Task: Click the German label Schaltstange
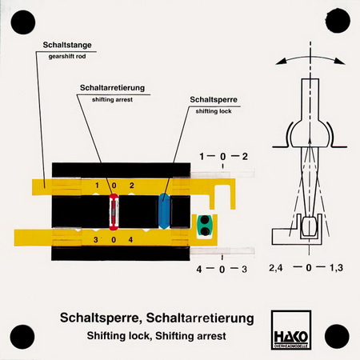[67, 45]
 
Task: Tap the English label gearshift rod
[67, 57]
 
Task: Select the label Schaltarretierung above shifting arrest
[112, 88]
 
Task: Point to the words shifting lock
[214, 111]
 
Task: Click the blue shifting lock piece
[164, 211]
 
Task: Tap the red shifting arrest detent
[114, 212]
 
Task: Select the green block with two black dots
[205, 226]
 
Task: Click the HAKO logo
[291, 330]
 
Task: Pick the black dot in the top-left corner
[23, 22]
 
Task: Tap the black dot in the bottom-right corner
[337, 337]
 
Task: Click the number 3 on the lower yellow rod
[96, 240]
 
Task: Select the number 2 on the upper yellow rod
[132, 186]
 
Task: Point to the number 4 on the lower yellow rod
[130, 240]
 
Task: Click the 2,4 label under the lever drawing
[276, 268]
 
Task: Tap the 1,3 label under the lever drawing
[336, 268]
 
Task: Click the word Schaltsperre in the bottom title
[101, 318]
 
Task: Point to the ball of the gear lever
[310, 134]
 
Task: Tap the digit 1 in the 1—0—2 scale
[202, 157]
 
